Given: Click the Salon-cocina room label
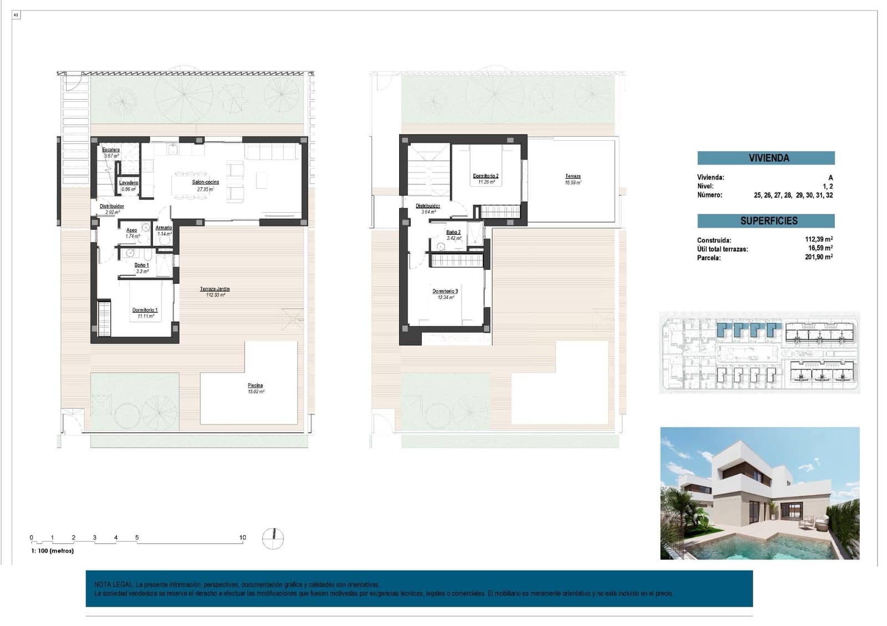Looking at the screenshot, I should coord(205,182).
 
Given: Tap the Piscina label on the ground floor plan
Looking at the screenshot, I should coord(255,386).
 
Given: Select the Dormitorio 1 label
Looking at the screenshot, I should coord(145,310).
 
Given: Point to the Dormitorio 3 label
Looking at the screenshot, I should coord(445,291).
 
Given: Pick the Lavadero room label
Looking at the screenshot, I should coord(129,183).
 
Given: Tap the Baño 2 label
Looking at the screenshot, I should coord(453,233).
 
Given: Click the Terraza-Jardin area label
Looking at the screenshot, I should coord(215,289).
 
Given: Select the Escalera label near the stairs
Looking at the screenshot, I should coord(111,150).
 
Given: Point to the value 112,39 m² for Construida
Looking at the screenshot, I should coord(818,240).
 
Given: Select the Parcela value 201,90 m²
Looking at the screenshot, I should coord(818,257).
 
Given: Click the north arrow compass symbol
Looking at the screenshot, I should coord(273,538).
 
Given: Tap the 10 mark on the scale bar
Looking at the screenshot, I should coord(242,537).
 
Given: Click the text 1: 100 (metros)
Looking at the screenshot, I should coord(52,551).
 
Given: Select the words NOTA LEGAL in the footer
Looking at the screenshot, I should coord(113,584).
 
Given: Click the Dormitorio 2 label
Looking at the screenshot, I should coord(485,176).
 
